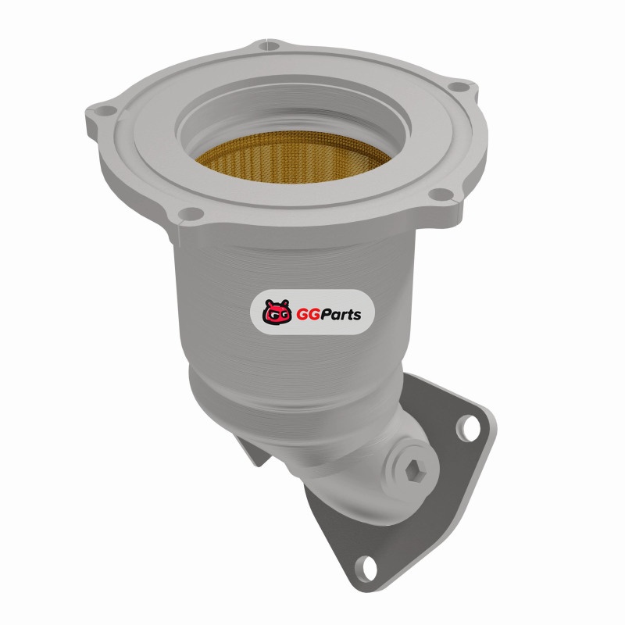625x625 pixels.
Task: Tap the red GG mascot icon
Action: (x=276, y=312)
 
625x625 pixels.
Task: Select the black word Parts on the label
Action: (x=341, y=315)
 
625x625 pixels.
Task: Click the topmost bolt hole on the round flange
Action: (x=269, y=45)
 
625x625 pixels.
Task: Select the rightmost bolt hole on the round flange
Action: (x=459, y=86)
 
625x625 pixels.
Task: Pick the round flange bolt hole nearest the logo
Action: (x=191, y=213)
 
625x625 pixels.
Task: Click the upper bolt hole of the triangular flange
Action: (x=470, y=428)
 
